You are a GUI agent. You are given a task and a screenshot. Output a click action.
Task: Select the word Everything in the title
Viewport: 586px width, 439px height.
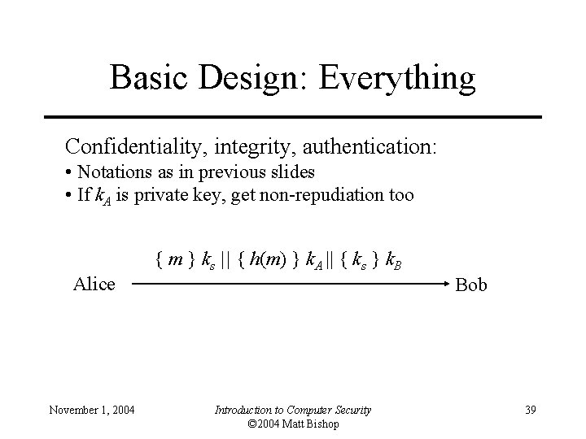[x=398, y=77]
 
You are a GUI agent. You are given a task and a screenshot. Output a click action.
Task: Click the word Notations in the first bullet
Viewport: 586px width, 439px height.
[x=113, y=172]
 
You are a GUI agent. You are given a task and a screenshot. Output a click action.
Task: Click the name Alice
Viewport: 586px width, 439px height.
[x=94, y=285]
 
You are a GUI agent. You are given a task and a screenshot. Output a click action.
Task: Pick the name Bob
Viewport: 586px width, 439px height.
[x=471, y=285]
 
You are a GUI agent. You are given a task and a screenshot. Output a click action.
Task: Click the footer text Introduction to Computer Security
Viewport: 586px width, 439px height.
[x=292, y=409]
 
